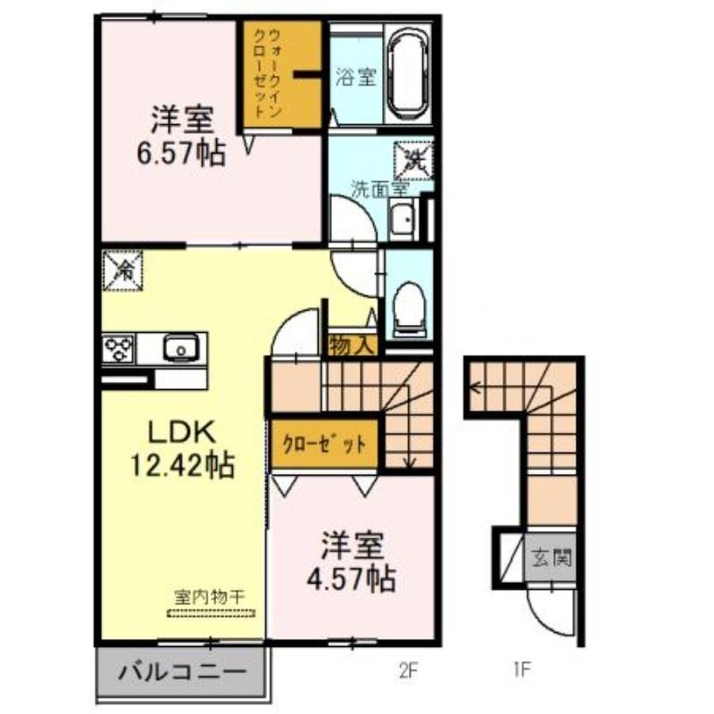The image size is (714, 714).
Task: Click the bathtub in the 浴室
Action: pyautogui.click(x=409, y=74)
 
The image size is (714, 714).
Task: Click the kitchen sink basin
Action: pyautogui.click(x=181, y=348)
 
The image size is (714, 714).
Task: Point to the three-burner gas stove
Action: pyautogui.click(x=119, y=349)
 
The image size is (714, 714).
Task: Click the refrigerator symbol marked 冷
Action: pyautogui.click(x=123, y=271)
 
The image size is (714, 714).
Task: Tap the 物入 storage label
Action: pyautogui.click(x=352, y=346)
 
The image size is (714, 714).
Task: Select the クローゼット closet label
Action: pyautogui.click(x=324, y=444)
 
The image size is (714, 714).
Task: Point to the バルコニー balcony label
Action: pyautogui.click(x=183, y=672)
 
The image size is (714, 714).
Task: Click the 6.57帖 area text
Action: pyautogui.click(x=181, y=154)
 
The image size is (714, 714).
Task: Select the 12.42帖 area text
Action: pyautogui.click(x=183, y=465)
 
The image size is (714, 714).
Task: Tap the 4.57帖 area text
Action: pyautogui.click(x=351, y=579)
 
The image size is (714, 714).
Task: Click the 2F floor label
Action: pyautogui.click(x=408, y=670)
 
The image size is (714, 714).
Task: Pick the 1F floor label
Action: pyautogui.click(x=522, y=670)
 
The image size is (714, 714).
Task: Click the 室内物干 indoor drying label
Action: pyautogui.click(x=211, y=597)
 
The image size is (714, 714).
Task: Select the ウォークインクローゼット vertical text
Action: pyautogui.click(x=268, y=73)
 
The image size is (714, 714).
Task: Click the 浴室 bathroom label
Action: pyautogui.click(x=356, y=77)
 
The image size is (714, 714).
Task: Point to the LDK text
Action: pyautogui.click(x=182, y=433)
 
